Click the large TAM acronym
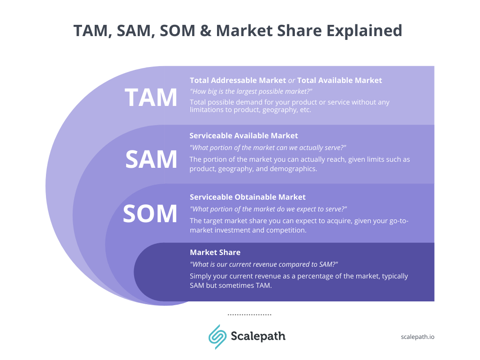coord(151,97)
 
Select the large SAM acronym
coord(151,159)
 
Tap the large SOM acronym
coord(150,214)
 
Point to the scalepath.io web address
coord(418,337)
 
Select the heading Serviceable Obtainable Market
coord(247,197)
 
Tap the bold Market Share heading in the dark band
coord(215,252)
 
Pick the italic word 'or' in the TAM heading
coord(292,80)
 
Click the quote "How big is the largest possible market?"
coord(251,91)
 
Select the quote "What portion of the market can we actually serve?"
coord(268,147)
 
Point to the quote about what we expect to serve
coord(268,209)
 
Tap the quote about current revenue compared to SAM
coord(264,264)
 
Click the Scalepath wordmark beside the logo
coord(258,336)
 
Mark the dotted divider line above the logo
coord(249,315)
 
